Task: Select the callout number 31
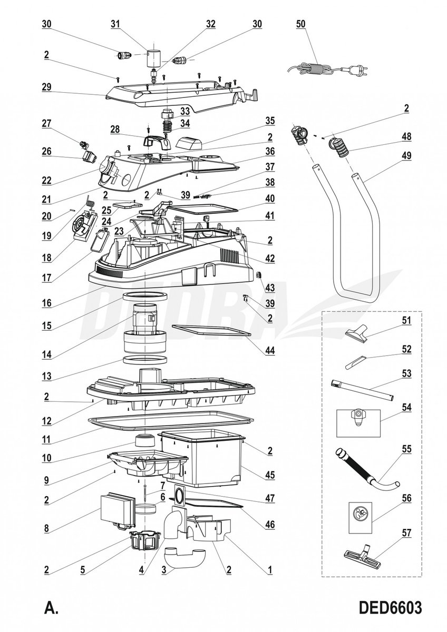tap(115, 24)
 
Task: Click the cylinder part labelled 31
tap(153, 57)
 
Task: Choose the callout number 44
tap(269, 350)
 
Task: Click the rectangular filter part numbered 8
tap(116, 508)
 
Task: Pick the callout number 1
tap(269, 569)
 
